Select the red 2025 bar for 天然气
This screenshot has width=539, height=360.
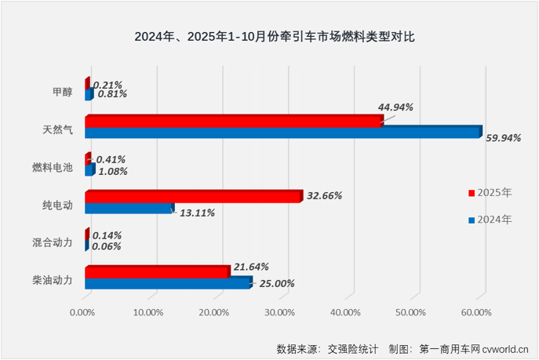click(233, 121)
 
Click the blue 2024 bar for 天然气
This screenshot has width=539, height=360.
click(282, 133)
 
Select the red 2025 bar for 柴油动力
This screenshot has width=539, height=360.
click(156, 272)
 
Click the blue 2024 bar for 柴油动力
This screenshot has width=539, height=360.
click(167, 283)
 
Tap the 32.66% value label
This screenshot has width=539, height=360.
click(323, 195)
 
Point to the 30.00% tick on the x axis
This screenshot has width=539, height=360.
click(279, 312)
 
